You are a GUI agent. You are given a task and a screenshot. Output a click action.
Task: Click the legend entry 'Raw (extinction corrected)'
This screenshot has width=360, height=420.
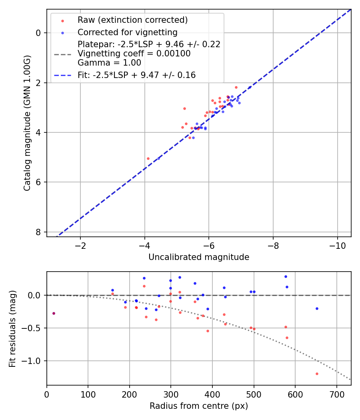132,20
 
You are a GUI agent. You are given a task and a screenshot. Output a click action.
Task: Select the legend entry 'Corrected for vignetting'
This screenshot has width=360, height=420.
127,32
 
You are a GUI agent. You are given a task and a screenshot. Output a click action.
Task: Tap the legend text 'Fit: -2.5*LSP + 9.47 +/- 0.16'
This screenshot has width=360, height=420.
136,75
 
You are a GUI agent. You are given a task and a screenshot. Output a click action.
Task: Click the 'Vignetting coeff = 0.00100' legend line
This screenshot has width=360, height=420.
134,54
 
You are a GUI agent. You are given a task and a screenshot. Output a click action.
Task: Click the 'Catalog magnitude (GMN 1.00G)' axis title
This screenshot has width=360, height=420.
27,123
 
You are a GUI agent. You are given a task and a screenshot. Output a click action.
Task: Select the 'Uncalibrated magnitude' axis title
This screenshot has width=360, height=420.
199,257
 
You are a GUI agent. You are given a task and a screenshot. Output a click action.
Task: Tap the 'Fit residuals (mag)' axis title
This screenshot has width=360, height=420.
12,329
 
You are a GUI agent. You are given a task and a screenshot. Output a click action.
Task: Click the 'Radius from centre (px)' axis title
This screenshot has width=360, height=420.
199,406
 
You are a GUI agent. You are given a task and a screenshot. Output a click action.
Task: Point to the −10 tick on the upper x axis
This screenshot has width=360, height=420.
337,245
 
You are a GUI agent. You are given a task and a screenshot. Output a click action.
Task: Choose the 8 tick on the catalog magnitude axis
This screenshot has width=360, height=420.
39,232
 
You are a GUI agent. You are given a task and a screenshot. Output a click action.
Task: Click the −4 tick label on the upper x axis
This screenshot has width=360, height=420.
144,245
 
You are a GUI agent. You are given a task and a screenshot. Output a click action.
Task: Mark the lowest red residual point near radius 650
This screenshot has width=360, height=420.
317,374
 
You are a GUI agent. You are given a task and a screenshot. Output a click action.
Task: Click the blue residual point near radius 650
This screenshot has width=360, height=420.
317,308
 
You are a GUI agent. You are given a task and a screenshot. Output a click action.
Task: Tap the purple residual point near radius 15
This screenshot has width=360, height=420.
54,313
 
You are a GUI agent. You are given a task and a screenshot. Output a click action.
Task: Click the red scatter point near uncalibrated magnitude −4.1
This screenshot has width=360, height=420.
148,158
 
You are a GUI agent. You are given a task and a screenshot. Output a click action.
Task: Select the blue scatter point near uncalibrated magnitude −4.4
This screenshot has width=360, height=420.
158,158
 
